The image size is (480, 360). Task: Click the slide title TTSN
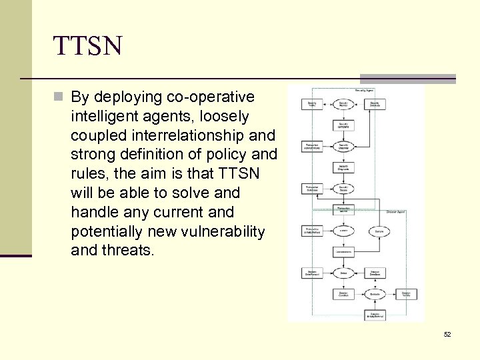[88, 47]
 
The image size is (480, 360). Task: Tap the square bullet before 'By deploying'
[59, 97]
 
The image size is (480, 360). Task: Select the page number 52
[447, 334]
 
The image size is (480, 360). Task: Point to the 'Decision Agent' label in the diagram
[395, 211]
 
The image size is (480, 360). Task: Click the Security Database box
[375, 105]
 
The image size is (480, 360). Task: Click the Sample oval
[377, 231]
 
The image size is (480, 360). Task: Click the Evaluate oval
[375, 294]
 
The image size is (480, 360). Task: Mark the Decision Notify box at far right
[406, 294]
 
